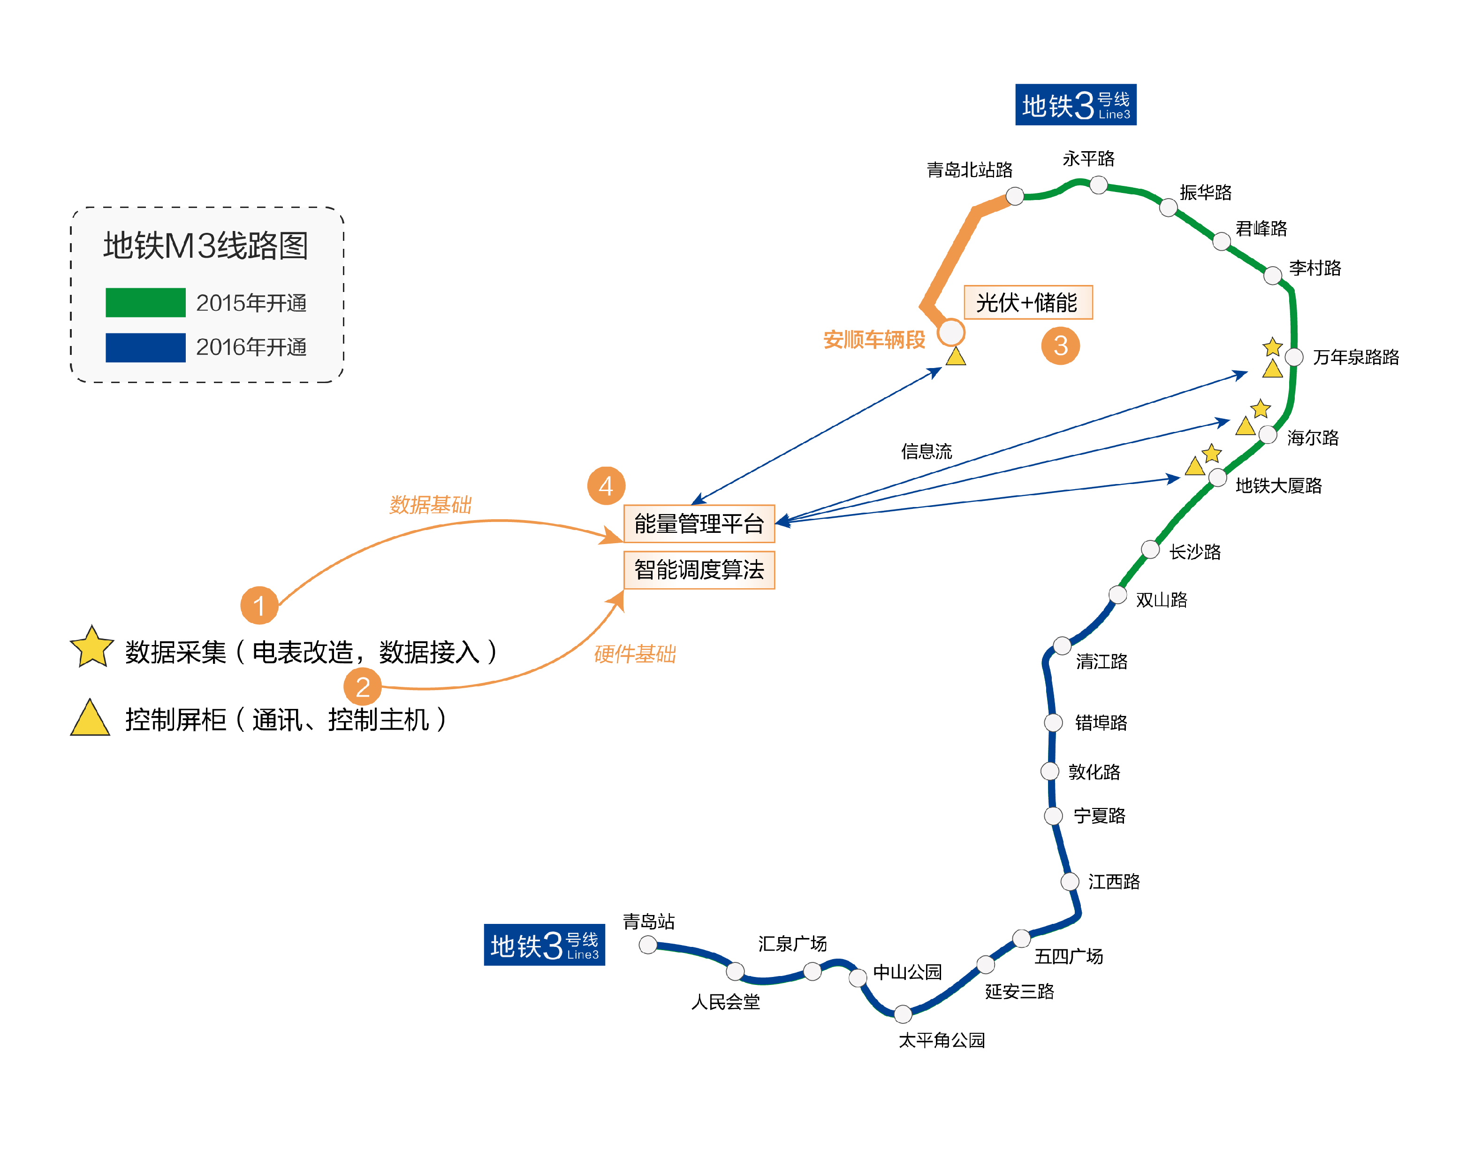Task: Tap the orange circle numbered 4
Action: click(x=606, y=485)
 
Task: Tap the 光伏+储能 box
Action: click(x=1027, y=302)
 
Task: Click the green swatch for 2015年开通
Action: click(x=145, y=302)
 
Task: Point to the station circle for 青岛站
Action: click(x=648, y=945)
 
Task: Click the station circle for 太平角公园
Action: click(x=902, y=1014)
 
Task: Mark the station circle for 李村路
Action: click(x=1272, y=276)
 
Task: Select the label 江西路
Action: click(x=1113, y=882)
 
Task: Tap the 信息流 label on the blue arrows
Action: click(x=927, y=451)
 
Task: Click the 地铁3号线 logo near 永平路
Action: click(x=1075, y=105)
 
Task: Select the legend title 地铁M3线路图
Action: click(x=206, y=246)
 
